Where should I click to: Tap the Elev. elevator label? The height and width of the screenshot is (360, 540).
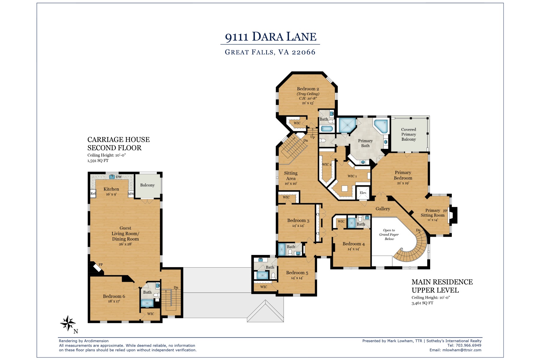[363, 193]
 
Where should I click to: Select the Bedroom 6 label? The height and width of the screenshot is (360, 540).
[114, 296]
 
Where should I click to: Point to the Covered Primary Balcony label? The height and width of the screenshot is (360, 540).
[409, 134]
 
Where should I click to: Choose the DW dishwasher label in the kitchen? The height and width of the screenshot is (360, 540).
[119, 177]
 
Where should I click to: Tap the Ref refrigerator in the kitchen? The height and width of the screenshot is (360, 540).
[93, 194]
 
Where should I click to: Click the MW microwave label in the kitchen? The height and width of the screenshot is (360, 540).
[131, 194]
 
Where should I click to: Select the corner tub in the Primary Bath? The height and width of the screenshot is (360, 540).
[380, 126]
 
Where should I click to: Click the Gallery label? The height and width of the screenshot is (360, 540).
[383, 209]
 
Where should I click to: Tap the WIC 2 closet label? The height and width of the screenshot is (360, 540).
[327, 164]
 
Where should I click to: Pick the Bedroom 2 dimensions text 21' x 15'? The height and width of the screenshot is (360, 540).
[308, 103]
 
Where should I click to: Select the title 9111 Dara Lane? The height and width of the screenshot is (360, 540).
[271, 37]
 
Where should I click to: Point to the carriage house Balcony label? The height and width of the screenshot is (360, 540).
[147, 185]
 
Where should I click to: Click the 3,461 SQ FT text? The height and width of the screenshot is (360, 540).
[422, 303]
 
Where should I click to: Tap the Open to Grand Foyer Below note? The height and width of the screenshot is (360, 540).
[389, 235]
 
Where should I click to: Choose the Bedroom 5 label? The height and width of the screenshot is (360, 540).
[297, 273]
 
